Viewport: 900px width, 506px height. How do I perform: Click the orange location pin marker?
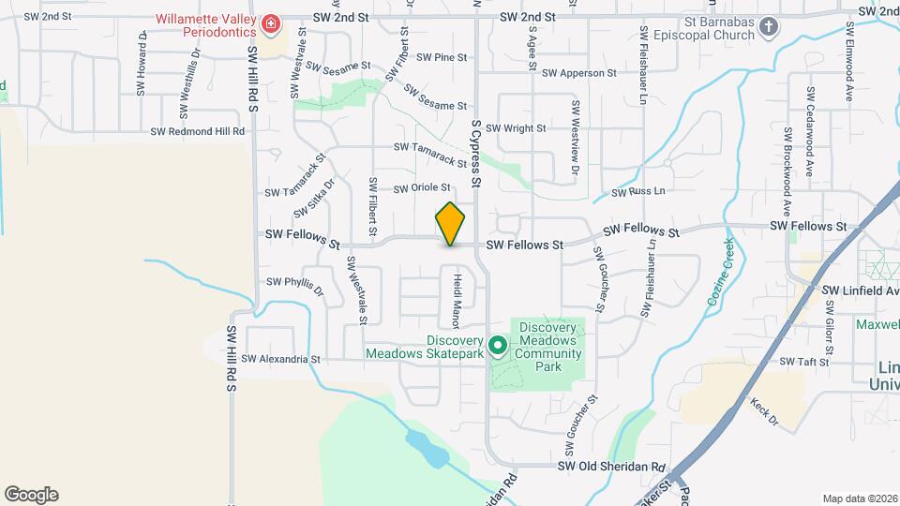coord(451,224)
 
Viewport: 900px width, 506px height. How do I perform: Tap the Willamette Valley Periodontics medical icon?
coord(271,24)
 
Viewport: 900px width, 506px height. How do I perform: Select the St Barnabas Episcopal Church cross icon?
coord(769,26)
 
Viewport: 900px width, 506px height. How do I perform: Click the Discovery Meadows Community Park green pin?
coord(498,346)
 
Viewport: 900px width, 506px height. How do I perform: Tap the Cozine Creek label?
coord(718,273)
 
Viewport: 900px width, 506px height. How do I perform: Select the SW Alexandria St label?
coord(280,359)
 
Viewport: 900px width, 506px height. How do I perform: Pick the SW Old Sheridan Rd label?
coord(611,466)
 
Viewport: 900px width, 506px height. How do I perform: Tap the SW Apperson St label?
coord(578,73)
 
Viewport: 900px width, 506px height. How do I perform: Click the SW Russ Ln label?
coord(637,192)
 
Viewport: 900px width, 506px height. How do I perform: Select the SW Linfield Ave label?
coord(860,292)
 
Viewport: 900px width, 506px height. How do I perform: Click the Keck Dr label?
coord(765,413)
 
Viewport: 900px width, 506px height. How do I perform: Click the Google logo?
coord(31,494)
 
